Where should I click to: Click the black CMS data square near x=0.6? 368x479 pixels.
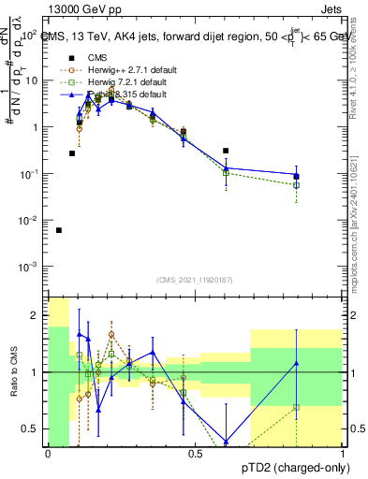point(226,151)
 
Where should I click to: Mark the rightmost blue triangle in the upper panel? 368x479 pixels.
point(296,176)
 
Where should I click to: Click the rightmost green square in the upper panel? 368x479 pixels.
point(296,185)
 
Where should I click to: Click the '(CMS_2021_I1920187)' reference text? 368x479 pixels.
point(194,279)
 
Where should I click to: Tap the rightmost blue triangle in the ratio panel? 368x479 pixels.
point(296,363)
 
